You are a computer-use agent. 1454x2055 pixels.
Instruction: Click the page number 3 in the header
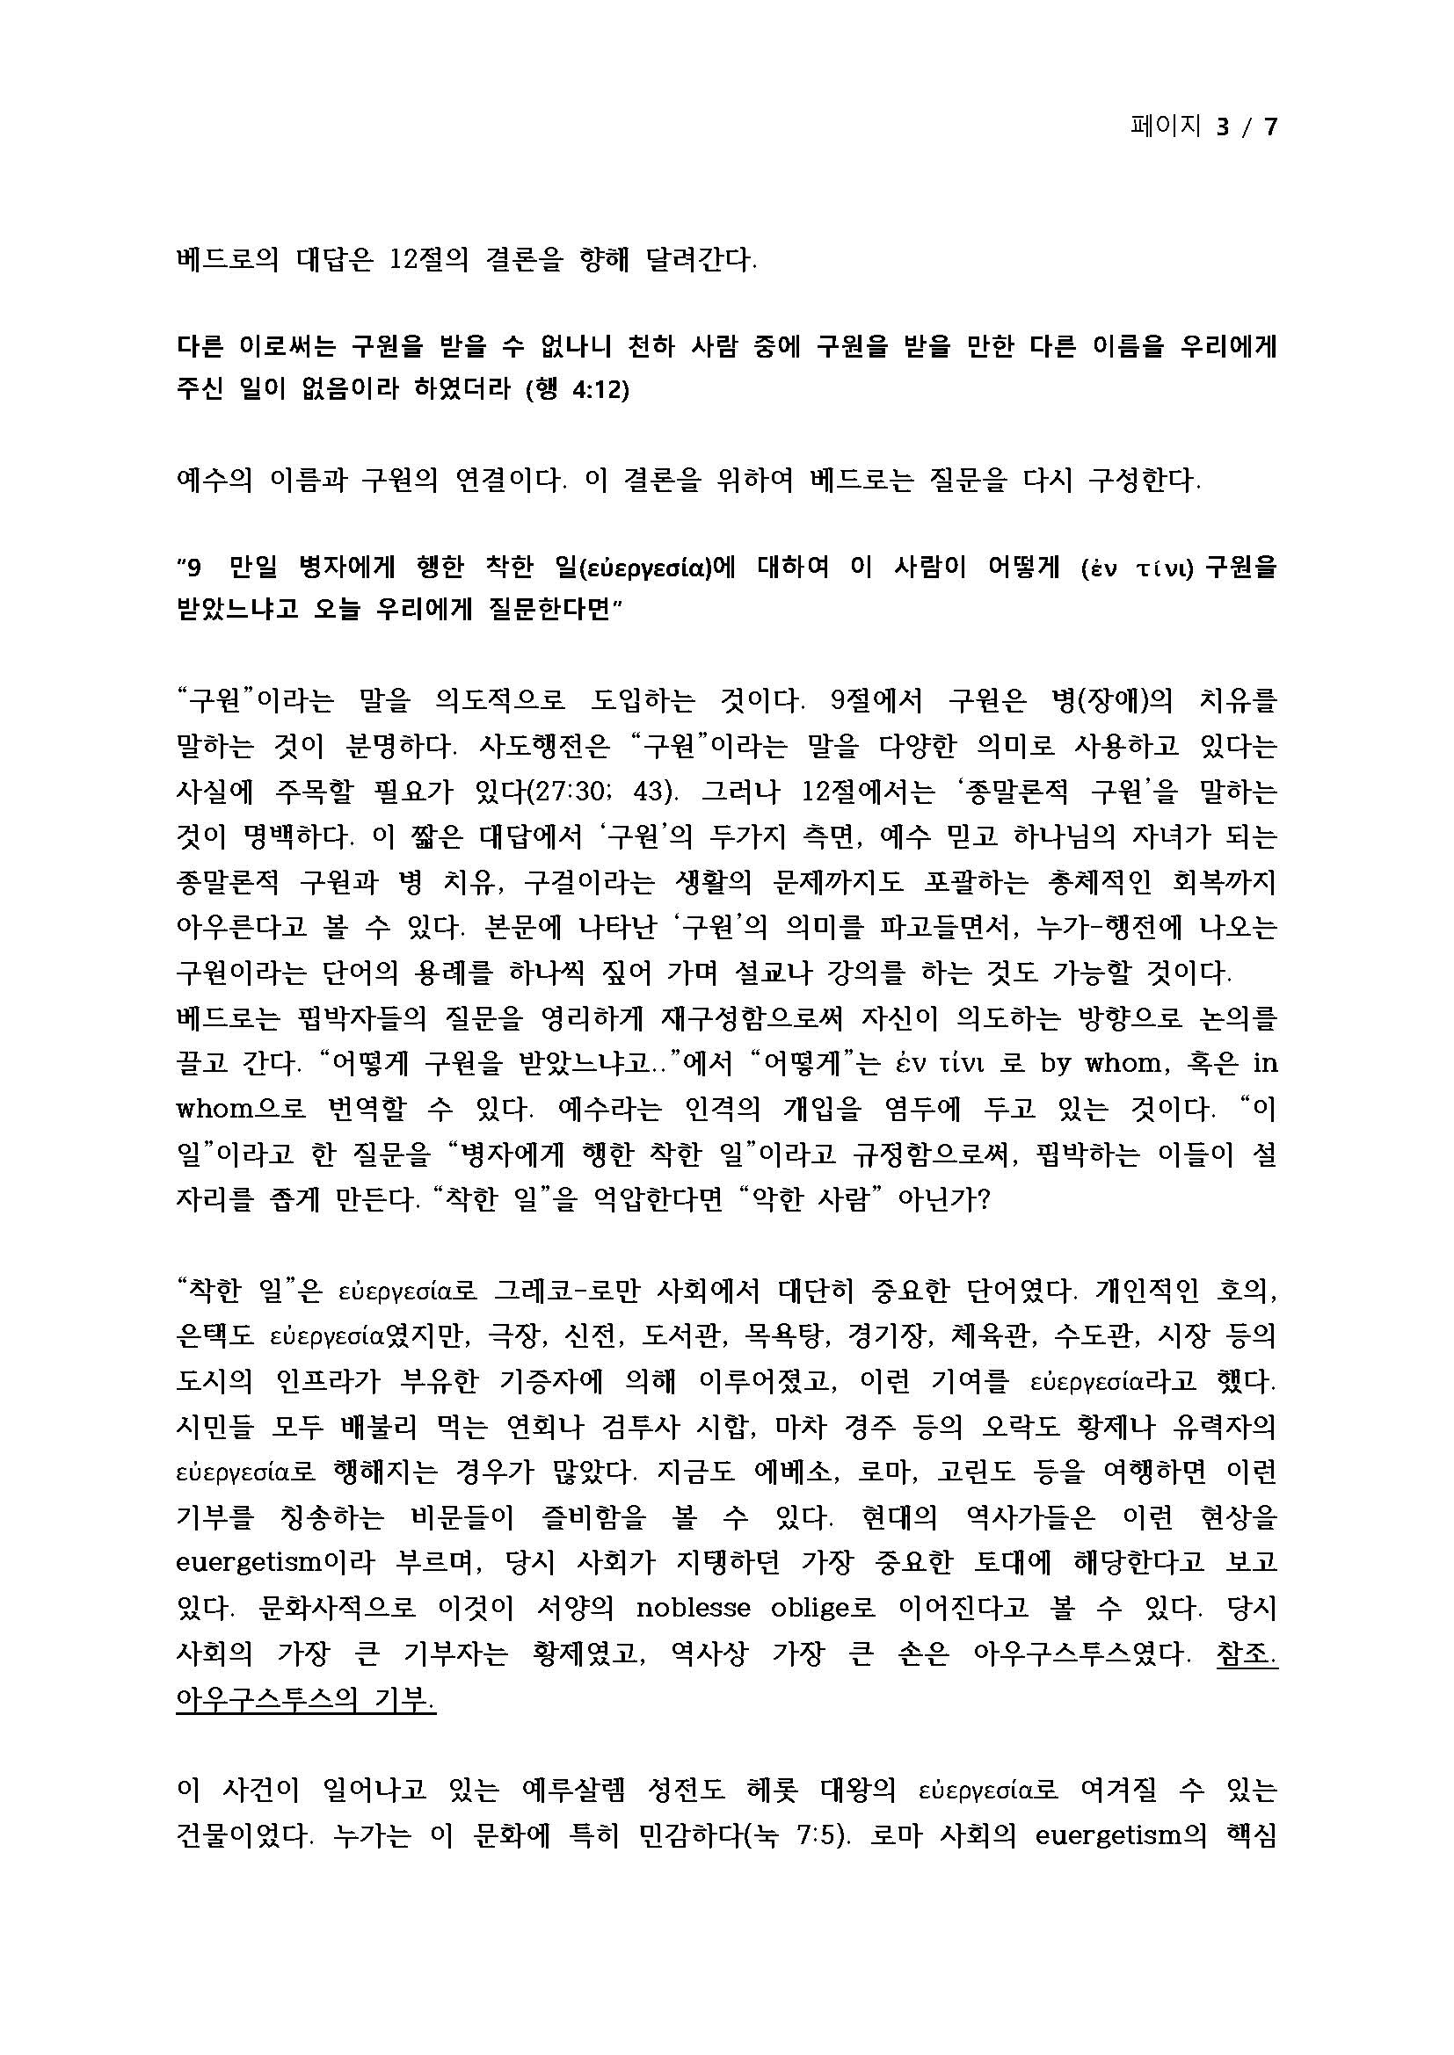click(x=1222, y=127)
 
